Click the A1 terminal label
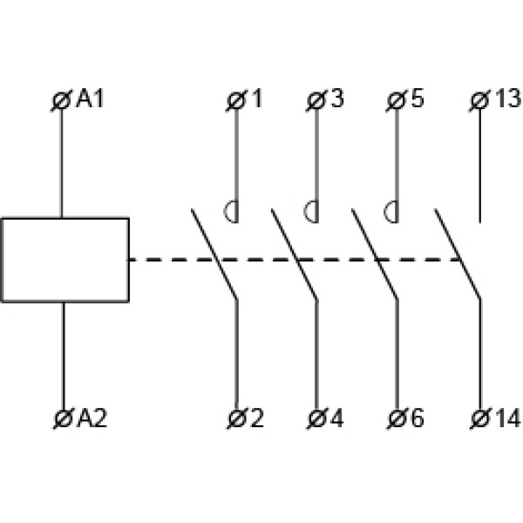pyautogui.click(x=90, y=99)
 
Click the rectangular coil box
pyautogui.click(x=65, y=259)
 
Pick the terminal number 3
pyautogui.click(x=336, y=99)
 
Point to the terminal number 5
pyautogui.click(x=417, y=99)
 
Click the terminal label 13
pyautogui.click(x=506, y=99)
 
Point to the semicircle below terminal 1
pyautogui.click(x=232, y=211)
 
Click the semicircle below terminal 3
pyautogui.click(x=312, y=211)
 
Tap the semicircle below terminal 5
pyautogui.click(x=392, y=211)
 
